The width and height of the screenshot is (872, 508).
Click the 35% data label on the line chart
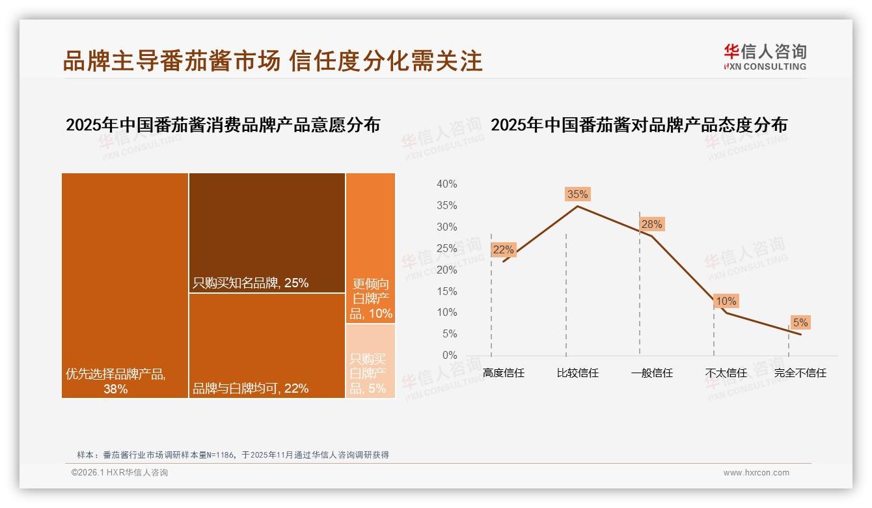(577, 194)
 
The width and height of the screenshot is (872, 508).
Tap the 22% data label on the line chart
(503, 249)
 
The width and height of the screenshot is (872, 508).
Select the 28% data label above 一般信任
(651, 225)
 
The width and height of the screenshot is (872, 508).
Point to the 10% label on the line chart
(726, 302)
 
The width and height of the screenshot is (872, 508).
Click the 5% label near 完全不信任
(800, 323)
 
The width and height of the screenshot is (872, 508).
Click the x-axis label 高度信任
(503, 373)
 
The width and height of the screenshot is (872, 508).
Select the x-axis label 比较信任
(577, 373)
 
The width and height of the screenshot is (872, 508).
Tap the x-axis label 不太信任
(726, 373)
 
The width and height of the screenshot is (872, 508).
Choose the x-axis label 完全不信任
(800, 373)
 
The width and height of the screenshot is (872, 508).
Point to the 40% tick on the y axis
(446, 184)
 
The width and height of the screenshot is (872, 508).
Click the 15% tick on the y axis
(446, 291)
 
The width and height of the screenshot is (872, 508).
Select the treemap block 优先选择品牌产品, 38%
(125, 285)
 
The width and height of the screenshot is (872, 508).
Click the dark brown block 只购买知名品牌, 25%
(267, 233)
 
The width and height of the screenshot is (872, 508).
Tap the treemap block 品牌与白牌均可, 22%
(267, 345)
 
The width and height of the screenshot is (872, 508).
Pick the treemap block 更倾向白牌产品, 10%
(371, 248)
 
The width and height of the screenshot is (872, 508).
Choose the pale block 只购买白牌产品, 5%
(371, 361)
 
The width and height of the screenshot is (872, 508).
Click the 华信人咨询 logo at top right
(765, 57)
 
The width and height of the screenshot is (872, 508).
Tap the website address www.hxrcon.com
(756, 473)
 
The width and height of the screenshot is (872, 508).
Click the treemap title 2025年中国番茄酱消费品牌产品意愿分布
(223, 125)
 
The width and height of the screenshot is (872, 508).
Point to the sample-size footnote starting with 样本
(233, 455)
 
